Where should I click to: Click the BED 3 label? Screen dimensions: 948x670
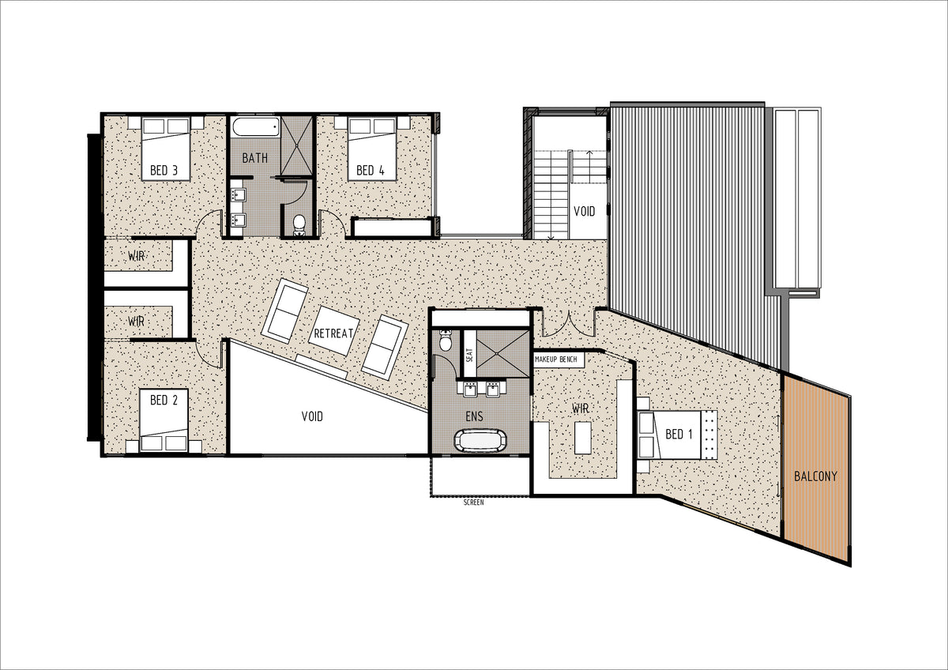click(x=164, y=170)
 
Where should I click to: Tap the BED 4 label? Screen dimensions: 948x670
click(x=371, y=170)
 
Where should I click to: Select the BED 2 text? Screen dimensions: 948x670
click(x=164, y=400)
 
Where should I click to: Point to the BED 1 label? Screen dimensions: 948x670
click(x=679, y=434)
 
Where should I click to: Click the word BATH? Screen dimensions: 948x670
click(x=254, y=158)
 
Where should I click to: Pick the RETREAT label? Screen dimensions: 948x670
click(x=333, y=333)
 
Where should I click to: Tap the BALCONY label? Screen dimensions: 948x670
click(x=815, y=476)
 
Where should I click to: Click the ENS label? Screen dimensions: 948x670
click(x=475, y=416)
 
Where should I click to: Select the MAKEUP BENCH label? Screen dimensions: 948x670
click(x=555, y=359)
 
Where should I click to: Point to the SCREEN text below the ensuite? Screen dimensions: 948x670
click(x=473, y=502)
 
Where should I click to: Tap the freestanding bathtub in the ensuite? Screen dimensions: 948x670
click(x=480, y=441)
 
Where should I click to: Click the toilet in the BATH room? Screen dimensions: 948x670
click(x=299, y=224)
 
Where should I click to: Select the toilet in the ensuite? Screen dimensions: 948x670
click(x=446, y=341)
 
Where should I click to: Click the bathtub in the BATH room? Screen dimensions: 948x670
click(x=255, y=126)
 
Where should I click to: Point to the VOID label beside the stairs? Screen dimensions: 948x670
click(x=584, y=211)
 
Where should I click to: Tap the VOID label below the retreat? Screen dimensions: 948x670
click(x=312, y=416)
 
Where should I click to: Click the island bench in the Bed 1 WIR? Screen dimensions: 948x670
click(x=583, y=438)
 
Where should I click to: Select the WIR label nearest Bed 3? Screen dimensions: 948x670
click(x=136, y=256)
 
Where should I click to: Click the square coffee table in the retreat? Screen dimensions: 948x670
click(x=334, y=330)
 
